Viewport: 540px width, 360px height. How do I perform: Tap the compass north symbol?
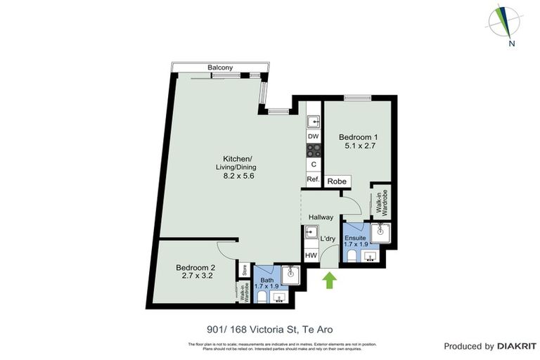click(504, 22)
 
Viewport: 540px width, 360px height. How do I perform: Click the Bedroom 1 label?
click(358, 136)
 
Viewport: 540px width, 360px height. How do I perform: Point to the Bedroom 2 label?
click(195, 267)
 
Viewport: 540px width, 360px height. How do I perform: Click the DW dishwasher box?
click(314, 136)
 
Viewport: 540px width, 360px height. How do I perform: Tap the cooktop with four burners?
click(314, 150)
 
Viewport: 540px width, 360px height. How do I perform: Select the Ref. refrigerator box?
click(314, 180)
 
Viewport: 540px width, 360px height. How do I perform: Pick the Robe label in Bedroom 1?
click(337, 181)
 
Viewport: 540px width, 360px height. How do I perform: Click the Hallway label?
click(321, 217)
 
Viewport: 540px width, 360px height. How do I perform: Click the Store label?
click(244, 269)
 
